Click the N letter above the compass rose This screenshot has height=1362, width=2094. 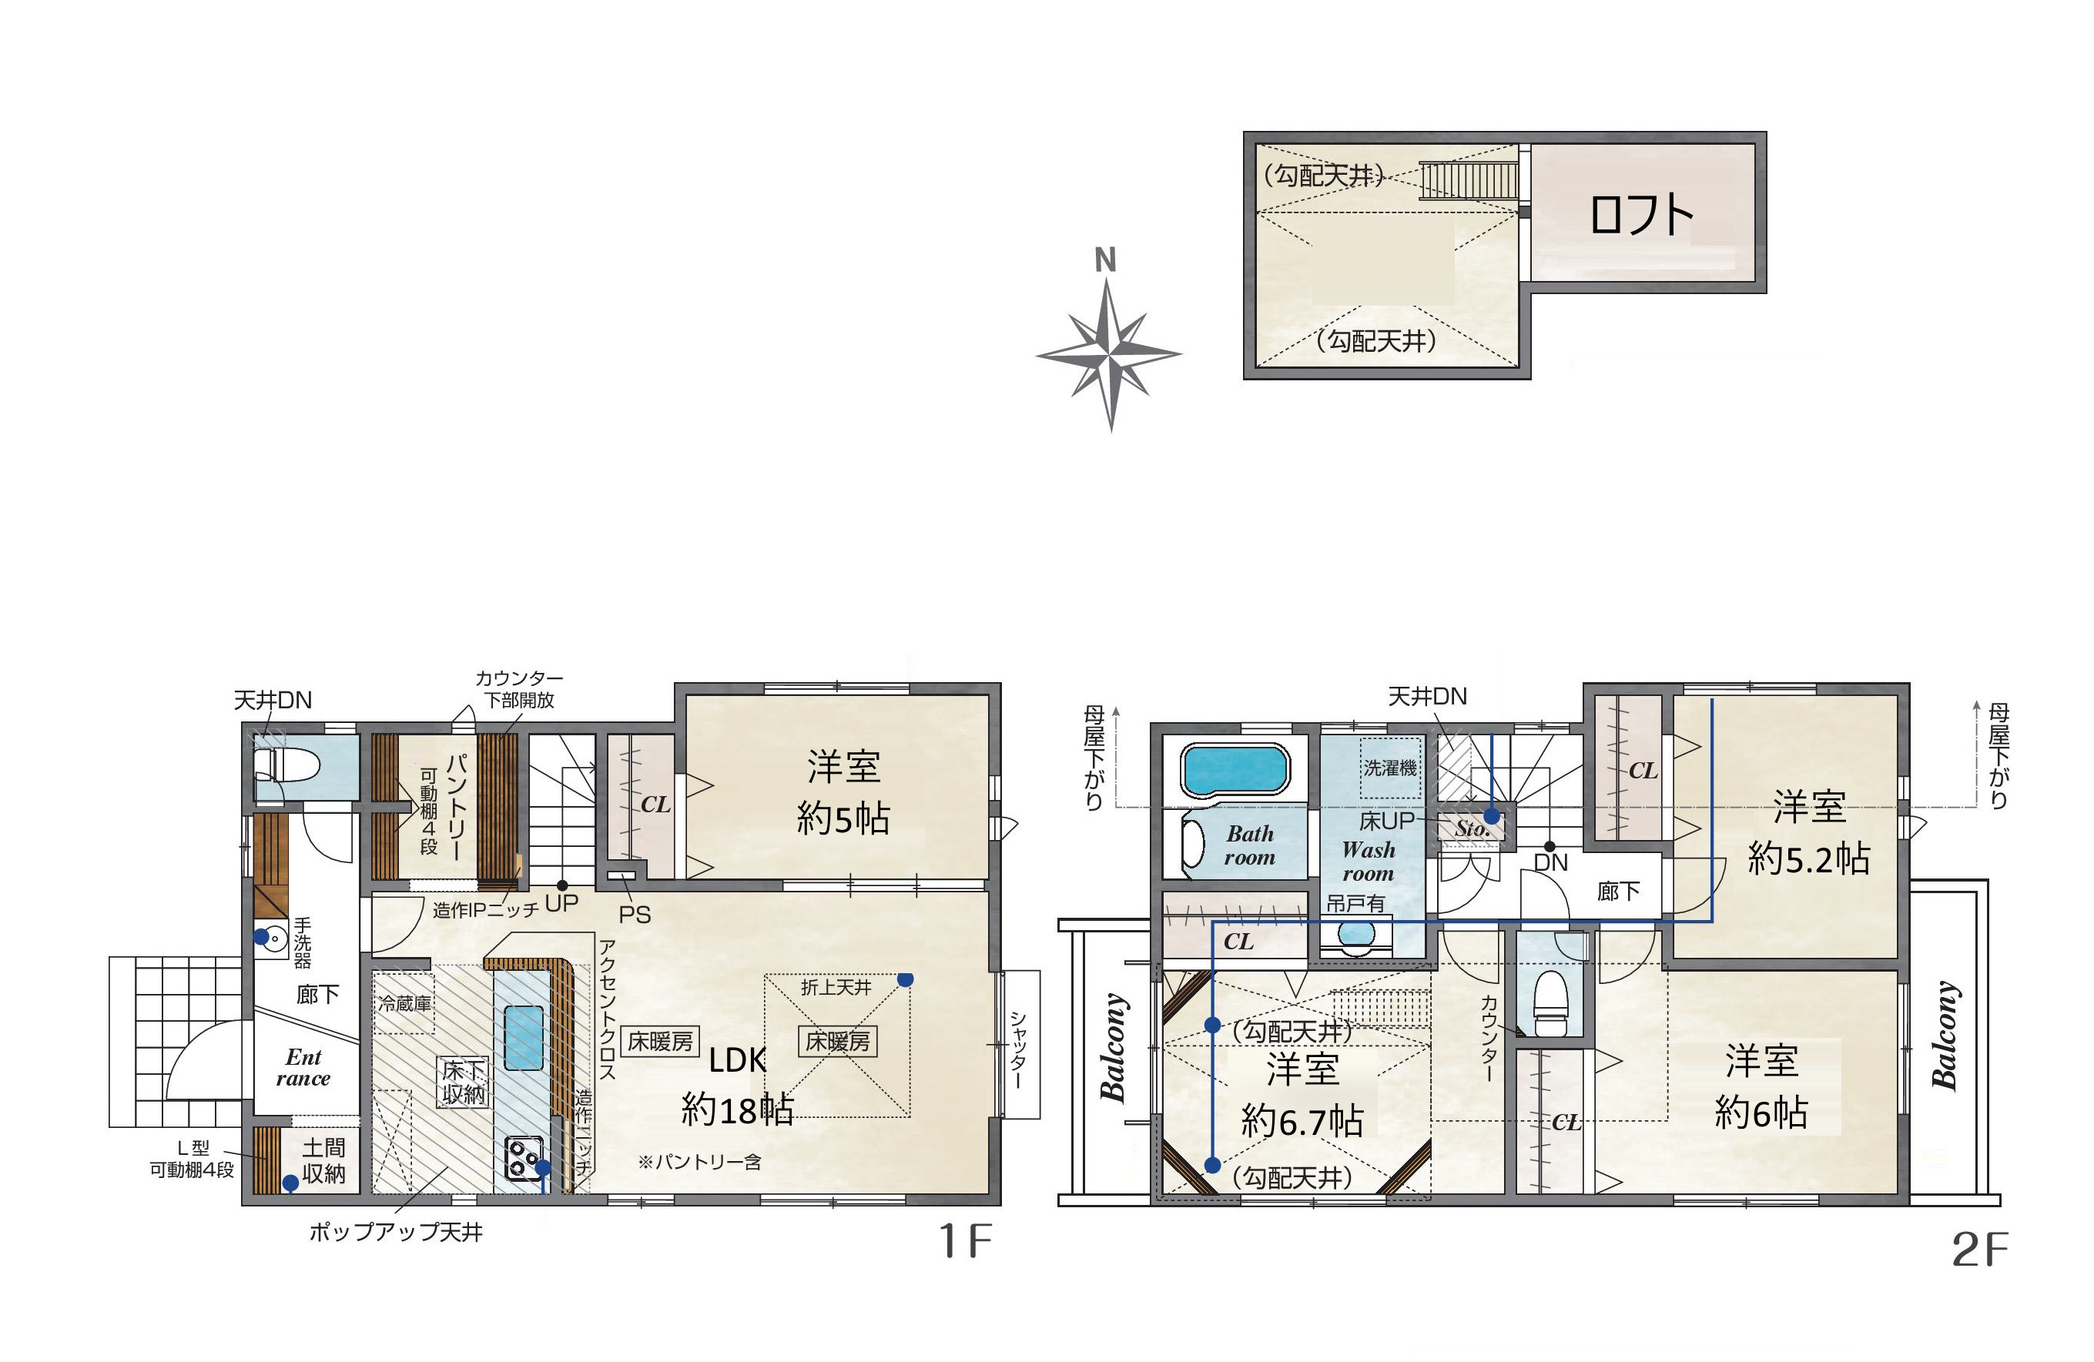tap(1105, 260)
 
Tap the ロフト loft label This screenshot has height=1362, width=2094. tap(1641, 215)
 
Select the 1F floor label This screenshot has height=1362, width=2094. tap(965, 1241)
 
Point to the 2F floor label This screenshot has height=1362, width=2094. tap(1981, 1250)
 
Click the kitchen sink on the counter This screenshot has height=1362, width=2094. tap(524, 1037)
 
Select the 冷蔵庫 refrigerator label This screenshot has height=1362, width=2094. tap(405, 1003)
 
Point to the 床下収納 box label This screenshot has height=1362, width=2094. tap(463, 1081)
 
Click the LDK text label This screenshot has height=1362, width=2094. tap(737, 1060)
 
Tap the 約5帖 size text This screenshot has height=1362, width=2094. tap(843, 818)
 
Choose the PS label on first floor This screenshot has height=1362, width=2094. tap(635, 915)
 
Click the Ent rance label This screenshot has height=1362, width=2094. tap(303, 1067)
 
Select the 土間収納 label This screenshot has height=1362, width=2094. tap(323, 1160)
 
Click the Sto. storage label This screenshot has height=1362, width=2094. tap(1472, 828)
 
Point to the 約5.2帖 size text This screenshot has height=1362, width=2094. tap(1809, 858)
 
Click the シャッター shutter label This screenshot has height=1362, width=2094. tap(1017, 1049)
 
